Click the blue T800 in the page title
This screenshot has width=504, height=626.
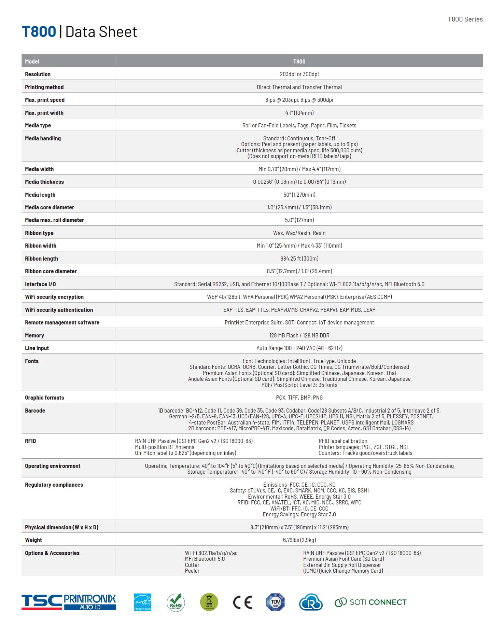coord(39,32)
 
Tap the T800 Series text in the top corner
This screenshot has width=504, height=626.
coord(465,19)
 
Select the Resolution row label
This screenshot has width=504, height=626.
coord(38,74)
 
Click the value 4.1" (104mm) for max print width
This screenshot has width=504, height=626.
coord(299,113)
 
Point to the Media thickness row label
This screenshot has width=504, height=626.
coord(44,182)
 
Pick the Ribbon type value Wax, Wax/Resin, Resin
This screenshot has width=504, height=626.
coord(299,233)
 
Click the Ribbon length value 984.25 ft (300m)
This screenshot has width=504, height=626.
coord(299,259)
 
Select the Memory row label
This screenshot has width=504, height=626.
coord(34,335)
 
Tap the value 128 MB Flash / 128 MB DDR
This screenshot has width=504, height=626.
coord(299,335)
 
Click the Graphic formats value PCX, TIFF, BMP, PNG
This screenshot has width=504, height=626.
coord(299,398)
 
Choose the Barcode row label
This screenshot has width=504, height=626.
coord(35,411)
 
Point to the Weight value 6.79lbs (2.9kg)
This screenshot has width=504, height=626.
coord(299,540)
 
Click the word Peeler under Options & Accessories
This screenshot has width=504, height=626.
coord(192,571)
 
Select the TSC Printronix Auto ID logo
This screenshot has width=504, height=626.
coord(69,602)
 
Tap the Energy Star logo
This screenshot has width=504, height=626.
coord(142,602)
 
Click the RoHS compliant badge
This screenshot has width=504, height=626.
coord(176,602)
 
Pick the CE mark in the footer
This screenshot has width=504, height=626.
coord(242,602)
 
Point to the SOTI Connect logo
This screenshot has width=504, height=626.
coord(370,602)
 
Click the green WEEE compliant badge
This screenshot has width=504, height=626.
coord(209,602)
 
